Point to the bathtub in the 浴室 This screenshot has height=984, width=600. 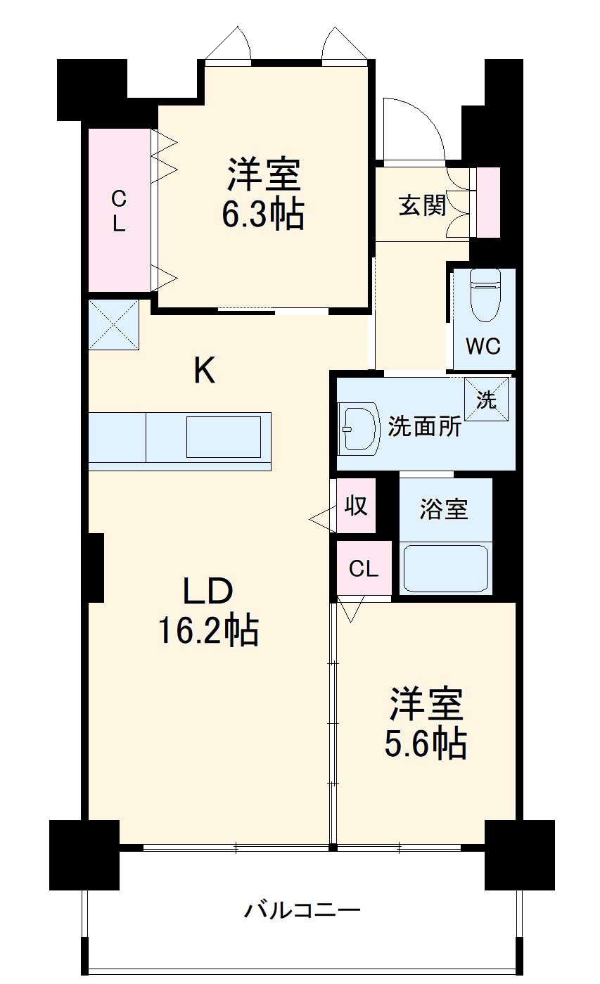tap(445, 568)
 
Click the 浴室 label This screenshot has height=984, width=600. tap(444, 509)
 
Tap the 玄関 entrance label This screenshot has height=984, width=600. tap(422, 205)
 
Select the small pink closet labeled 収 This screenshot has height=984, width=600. tap(356, 505)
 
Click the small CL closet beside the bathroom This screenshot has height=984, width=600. tap(364, 569)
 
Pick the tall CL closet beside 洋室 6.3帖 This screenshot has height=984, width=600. tap(119, 212)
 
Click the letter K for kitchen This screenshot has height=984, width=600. tap(205, 371)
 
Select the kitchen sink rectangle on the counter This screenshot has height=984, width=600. tap(223, 437)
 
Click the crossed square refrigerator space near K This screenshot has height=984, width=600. tap(113, 325)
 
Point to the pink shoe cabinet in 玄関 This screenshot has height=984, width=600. tap(488, 203)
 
